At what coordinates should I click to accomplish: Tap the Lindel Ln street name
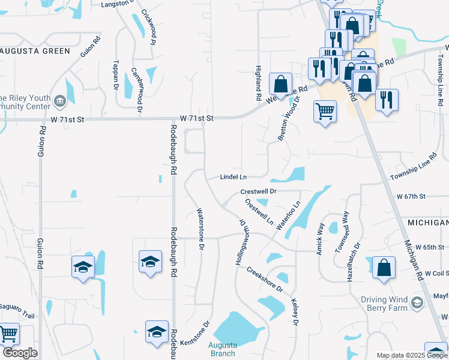[234, 177]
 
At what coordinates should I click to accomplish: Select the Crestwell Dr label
[258, 191]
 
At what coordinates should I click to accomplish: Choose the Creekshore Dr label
[264, 279]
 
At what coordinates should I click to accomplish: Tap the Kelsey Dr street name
[294, 313]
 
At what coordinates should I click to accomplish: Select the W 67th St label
[411, 196]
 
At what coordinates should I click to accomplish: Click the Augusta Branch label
[222, 349]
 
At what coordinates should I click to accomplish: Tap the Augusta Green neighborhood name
[36, 51]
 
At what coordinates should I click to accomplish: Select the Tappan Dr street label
[115, 75]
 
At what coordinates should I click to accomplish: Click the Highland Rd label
[258, 83]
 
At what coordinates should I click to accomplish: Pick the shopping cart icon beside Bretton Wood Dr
[325, 110]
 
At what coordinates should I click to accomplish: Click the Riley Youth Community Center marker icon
[60, 101]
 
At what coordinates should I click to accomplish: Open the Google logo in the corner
[20, 353]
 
